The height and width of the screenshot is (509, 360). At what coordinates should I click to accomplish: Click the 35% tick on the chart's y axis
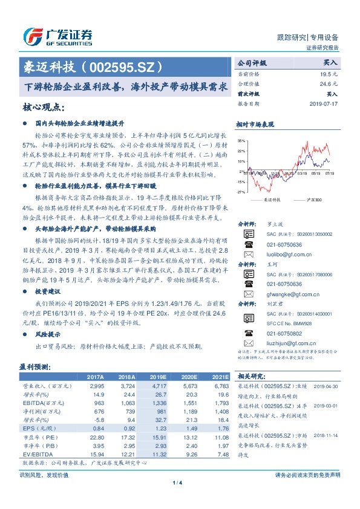241,141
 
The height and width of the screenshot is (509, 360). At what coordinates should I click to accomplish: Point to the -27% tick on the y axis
241,192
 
